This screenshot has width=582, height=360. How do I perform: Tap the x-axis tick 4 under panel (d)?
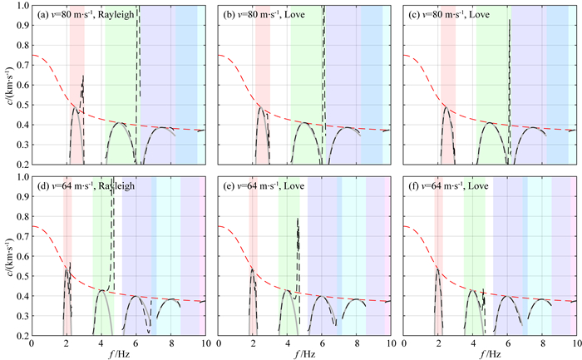pyautogui.click(x=101, y=342)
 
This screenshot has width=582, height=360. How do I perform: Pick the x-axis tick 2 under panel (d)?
pyautogui.click(x=67, y=342)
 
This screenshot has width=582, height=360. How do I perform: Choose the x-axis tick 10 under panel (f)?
pyautogui.click(x=575, y=342)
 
